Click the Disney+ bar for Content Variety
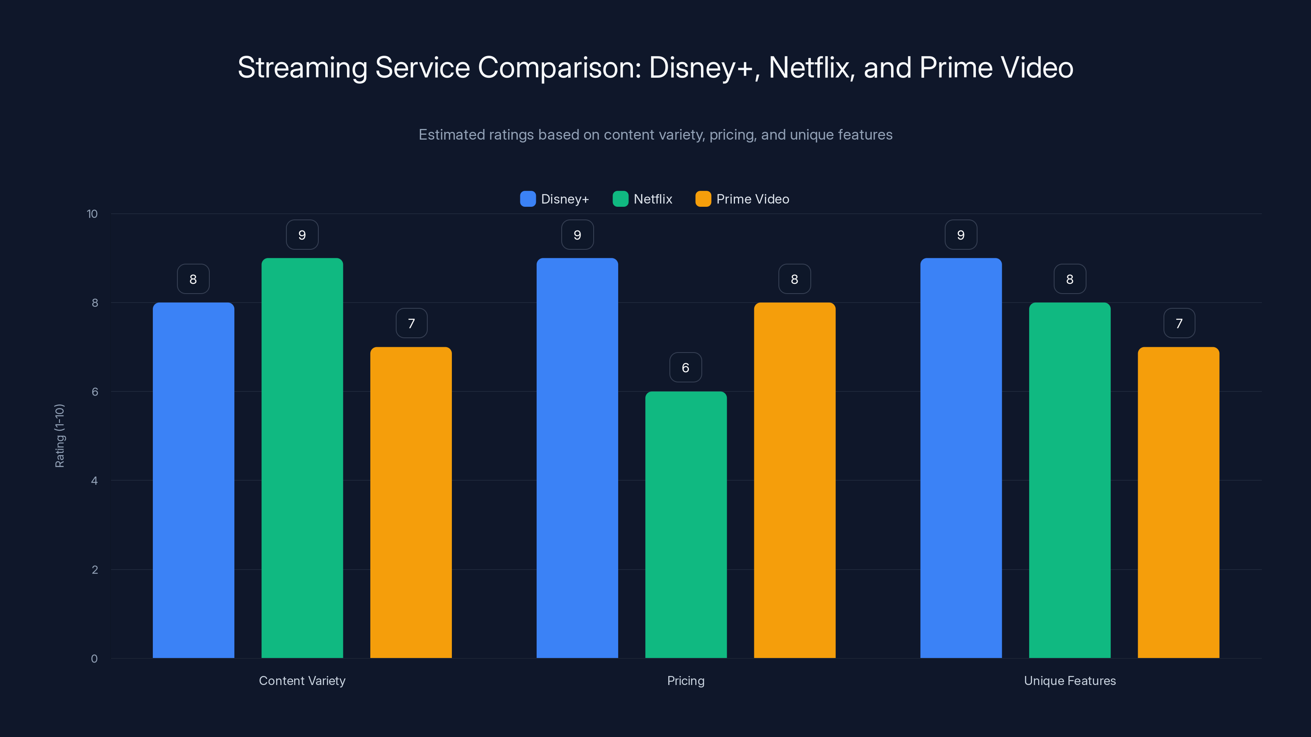193,480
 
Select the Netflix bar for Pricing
685,524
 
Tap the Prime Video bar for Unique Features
1178,502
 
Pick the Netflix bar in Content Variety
302,458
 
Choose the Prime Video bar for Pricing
794,480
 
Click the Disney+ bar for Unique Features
961,458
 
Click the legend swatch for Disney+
528,199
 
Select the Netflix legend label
653,199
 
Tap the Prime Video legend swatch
703,199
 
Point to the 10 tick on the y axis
92,214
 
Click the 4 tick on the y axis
94,481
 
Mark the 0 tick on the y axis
94,659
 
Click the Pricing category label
685,680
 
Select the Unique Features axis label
1070,680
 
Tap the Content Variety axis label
302,680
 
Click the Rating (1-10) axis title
59,436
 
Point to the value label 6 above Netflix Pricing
685,367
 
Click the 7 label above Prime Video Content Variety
411,323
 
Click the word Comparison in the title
559,67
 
